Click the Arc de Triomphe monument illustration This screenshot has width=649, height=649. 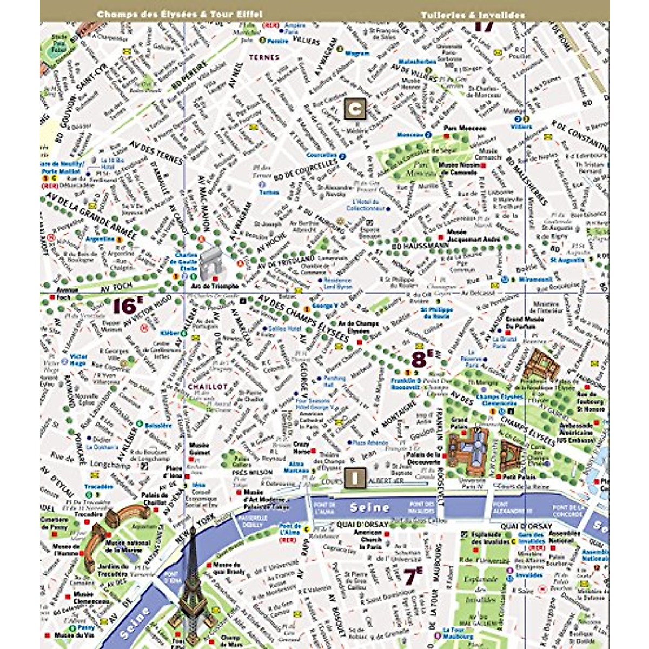point(210,264)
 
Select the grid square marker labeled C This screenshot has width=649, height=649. point(355,109)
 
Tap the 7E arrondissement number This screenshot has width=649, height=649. point(413,577)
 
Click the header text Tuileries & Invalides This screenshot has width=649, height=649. point(473,15)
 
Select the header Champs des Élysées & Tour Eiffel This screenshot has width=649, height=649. point(179,14)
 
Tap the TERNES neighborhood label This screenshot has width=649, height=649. point(264,57)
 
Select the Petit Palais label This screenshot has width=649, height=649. point(519,478)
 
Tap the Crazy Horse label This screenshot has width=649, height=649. point(301,448)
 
